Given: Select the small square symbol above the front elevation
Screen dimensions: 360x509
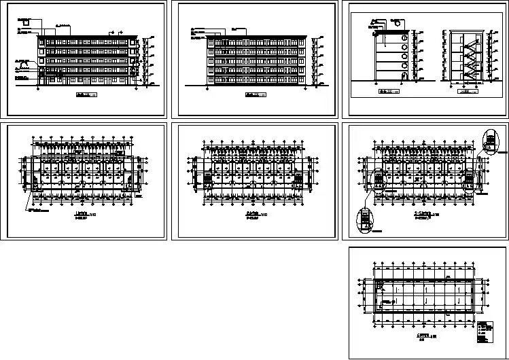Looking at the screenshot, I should (26, 22).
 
